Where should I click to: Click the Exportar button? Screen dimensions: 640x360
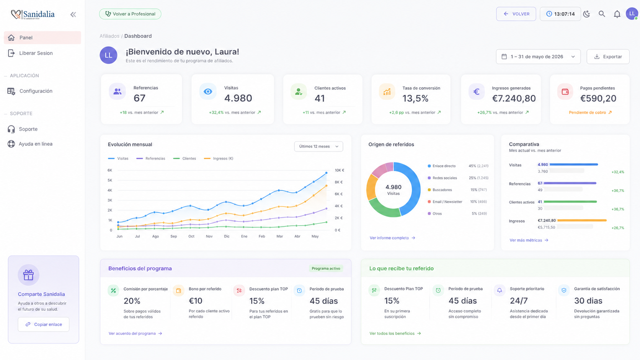[x=608, y=57]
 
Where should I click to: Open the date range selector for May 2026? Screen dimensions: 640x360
[x=538, y=57]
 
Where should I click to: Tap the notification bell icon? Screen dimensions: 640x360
[x=617, y=14]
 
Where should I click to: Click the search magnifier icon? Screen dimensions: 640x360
[x=602, y=14]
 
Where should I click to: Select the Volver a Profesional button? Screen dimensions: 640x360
[x=130, y=14]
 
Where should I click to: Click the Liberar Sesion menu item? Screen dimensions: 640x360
[x=36, y=53]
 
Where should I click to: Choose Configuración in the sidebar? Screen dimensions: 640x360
[x=36, y=91]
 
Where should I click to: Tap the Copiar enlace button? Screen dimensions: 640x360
[x=43, y=324]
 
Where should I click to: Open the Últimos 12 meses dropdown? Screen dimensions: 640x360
[x=318, y=147]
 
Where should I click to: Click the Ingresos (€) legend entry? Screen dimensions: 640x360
[x=219, y=158]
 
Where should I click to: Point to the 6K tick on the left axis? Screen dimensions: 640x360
[x=110, y=170]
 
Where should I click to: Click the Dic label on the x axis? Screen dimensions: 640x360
[x=227, y=236]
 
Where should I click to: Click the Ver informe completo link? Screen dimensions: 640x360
[x=392, y=238]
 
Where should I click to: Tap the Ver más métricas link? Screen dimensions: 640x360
[x=529, y=240]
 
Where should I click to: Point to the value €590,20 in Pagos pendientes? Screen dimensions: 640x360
[x=598, y=98]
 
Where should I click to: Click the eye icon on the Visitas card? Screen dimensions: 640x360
[x=208, y=91]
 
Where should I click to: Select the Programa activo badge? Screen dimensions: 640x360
[x=326, y=268]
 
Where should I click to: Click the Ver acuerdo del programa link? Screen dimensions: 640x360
[x=135, y=334]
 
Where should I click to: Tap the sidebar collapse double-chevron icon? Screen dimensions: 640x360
[x=73, y=15]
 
